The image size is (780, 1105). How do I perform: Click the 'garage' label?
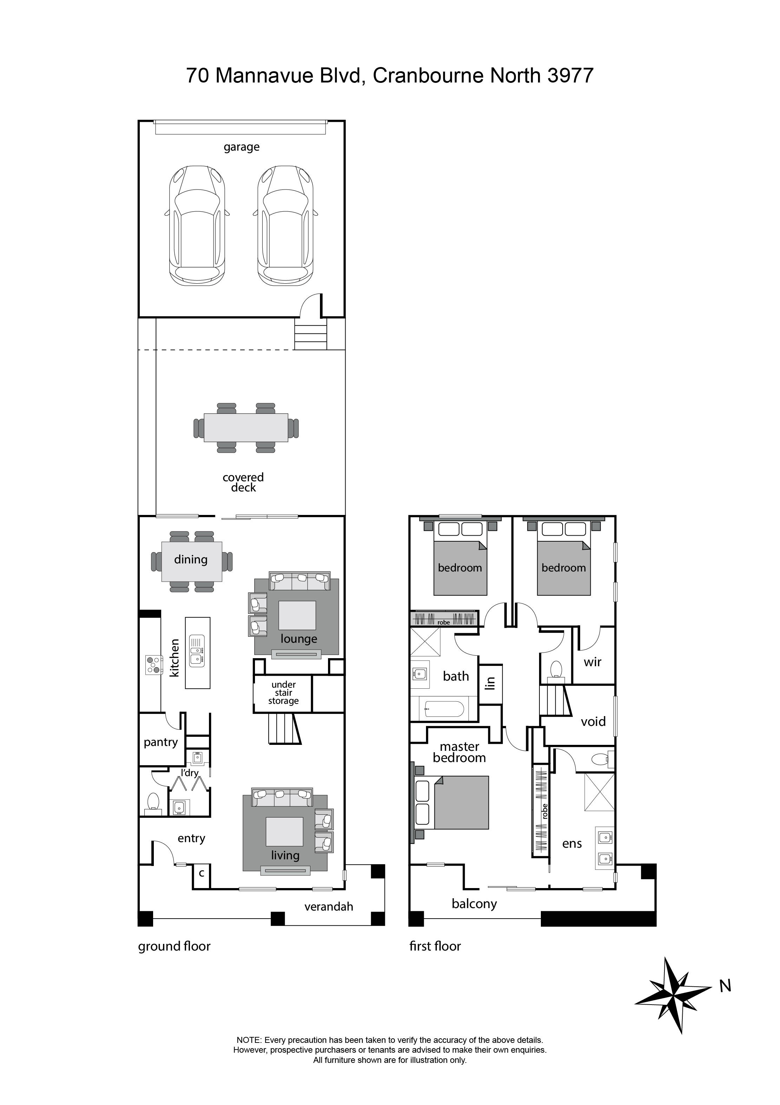coord(241,147)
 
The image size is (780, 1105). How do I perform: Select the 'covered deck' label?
coord(243,482)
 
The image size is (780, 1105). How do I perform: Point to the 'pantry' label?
coord(160,742)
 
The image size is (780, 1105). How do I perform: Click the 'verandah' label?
coord(328,907)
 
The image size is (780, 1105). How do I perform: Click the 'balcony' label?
coord(474,904)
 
